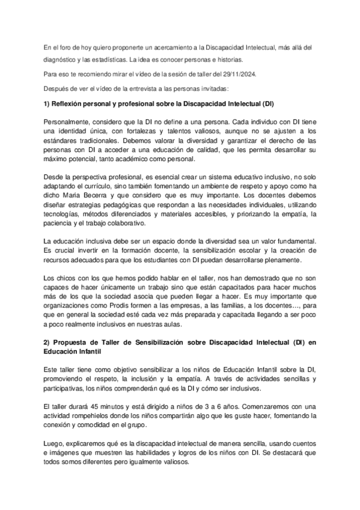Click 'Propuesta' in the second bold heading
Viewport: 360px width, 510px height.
(x=71, y=342)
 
